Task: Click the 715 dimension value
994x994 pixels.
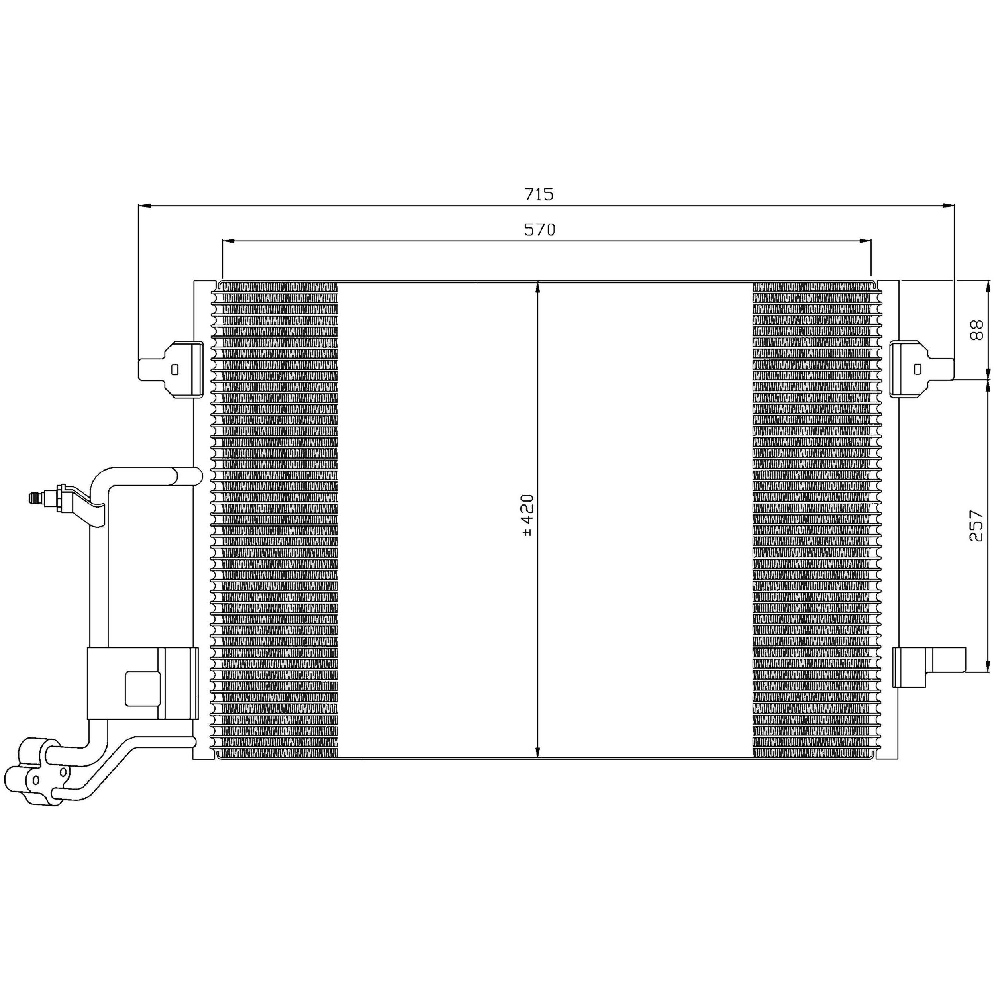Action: point(539,194)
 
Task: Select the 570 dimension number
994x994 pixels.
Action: point(540,229)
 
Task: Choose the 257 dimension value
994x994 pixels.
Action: point(976,526)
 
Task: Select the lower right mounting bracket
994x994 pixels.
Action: point(929,667)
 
